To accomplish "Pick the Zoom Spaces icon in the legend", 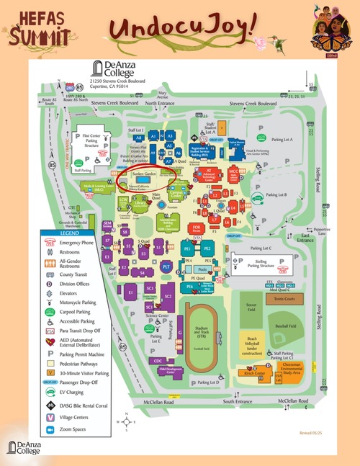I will click(x=50, y=429).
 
